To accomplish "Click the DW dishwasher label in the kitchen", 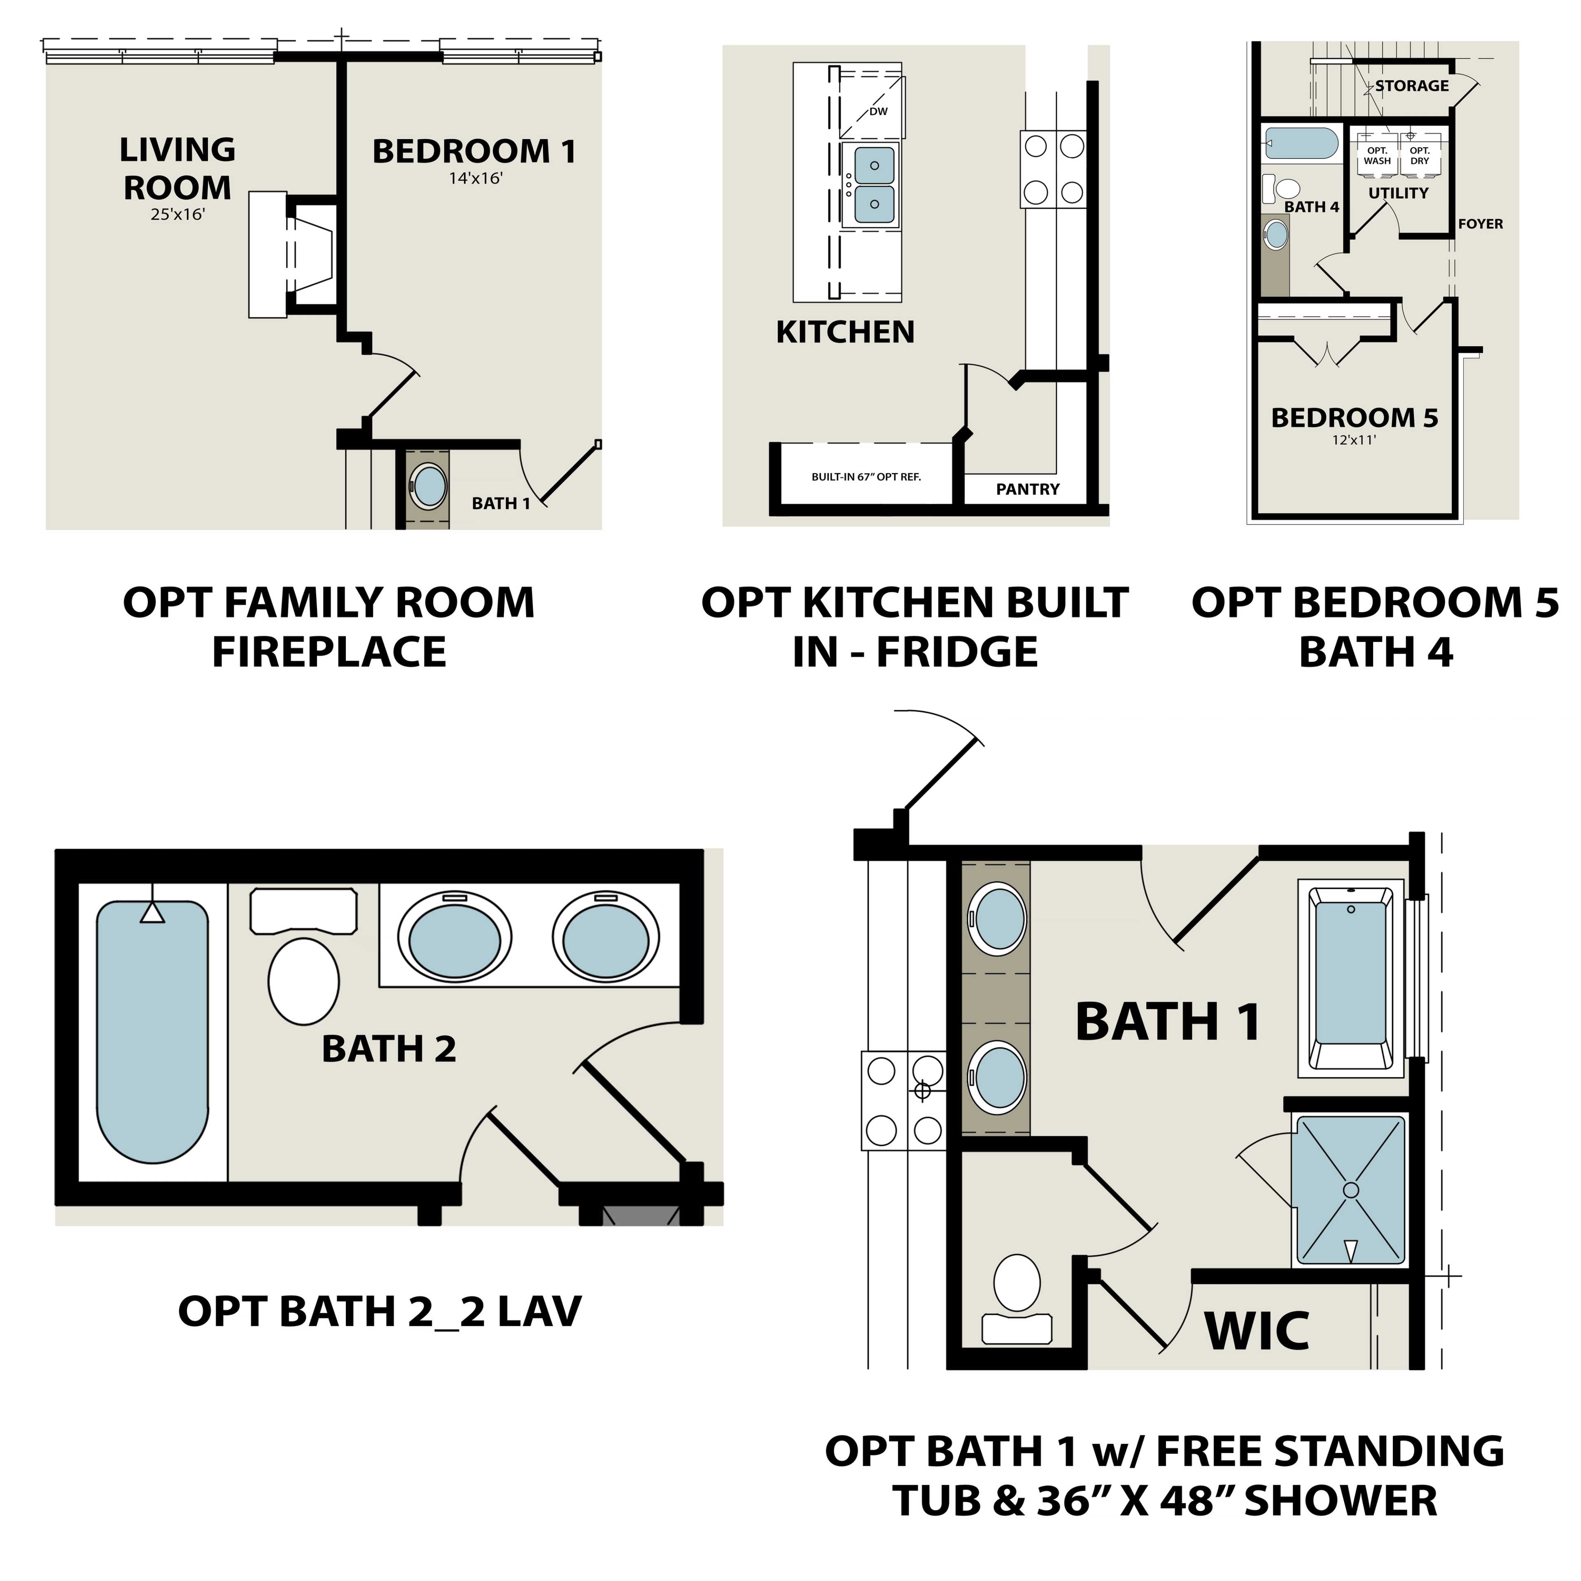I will click(878, 111).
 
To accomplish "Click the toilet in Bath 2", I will click(303, 980).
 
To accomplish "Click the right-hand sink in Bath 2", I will click(606, 940).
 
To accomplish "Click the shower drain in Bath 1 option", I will click(1351, 1190).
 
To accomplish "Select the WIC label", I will click(1257, 1331).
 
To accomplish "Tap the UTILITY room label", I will click(1399, 193).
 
